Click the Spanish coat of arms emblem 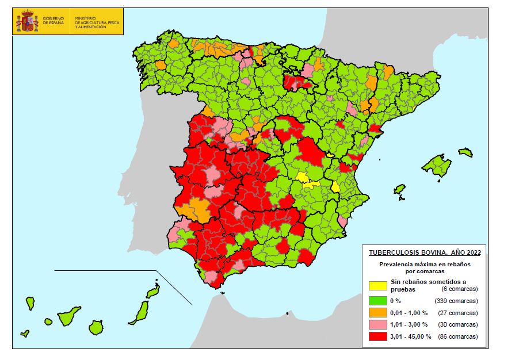pos(26,21)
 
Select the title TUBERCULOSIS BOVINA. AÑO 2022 pos(425,252)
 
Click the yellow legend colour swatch pos(377,285)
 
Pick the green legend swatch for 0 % pos(377,300)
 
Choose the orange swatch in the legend pos(377,313)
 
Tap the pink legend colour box pos(377,325)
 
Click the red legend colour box pos(377,336)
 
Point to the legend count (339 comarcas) pos(457,301)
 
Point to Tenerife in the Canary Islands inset pos(68,316)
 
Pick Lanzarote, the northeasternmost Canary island pos(152,291)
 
